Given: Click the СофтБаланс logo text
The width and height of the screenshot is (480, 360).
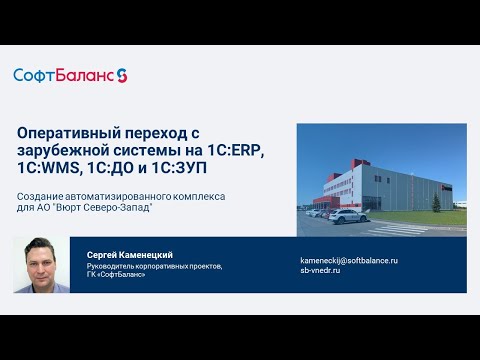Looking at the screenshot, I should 63,75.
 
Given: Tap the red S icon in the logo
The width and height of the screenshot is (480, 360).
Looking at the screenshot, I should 122,75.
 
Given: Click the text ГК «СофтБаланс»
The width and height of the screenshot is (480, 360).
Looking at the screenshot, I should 117,275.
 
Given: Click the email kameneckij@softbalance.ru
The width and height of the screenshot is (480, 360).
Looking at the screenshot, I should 349,260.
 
